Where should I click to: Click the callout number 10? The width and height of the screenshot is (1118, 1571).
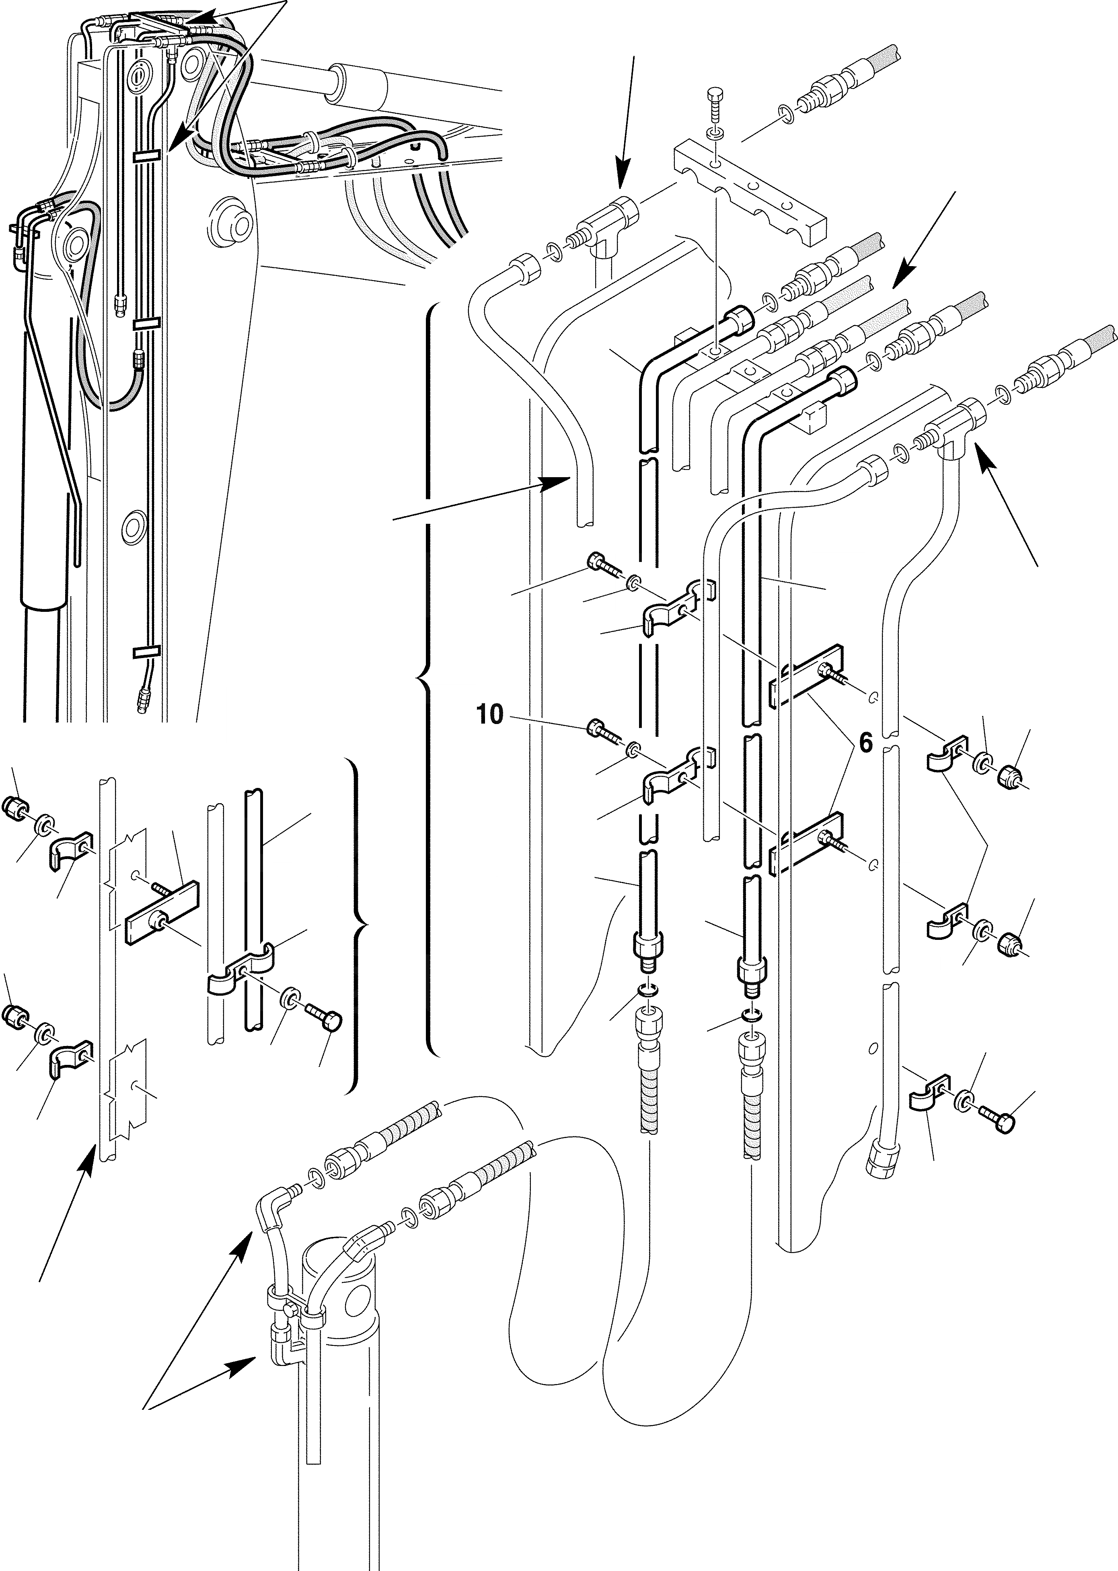(x=489, y=716)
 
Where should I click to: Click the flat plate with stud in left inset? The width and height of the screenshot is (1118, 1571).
(x=162, y=912)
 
